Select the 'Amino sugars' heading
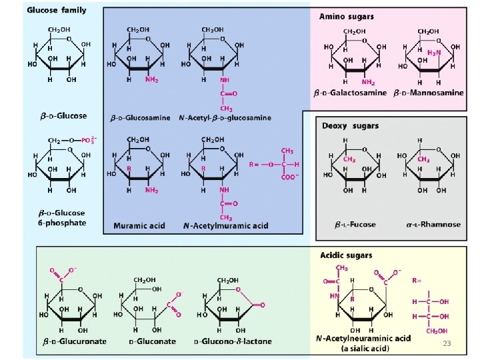tap(346, 15)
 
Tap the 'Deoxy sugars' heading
tap(350, 125)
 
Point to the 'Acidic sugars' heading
tap(347, 255)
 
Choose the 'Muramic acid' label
tap(139, 225)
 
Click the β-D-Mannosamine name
tap(428, 92)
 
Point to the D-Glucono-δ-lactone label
tap(233, 341)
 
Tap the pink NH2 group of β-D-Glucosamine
tap(152, 79)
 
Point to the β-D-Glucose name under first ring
tap(63, 115)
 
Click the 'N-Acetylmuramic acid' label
tap(226, 225)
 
